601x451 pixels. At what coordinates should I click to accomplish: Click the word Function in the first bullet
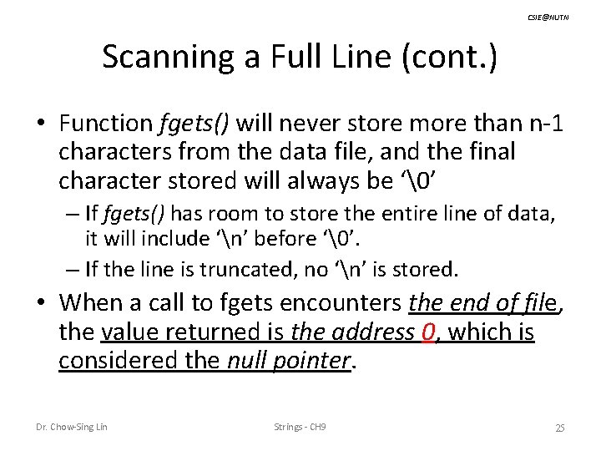pos(105,124)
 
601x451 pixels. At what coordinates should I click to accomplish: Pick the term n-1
pos(543,124)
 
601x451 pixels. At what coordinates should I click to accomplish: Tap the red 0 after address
pos(429,332)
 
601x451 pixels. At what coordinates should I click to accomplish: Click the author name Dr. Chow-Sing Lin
pos(71,428)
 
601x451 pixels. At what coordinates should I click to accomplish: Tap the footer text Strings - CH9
pos(300,428)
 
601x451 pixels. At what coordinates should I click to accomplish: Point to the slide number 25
pos(560,428)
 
